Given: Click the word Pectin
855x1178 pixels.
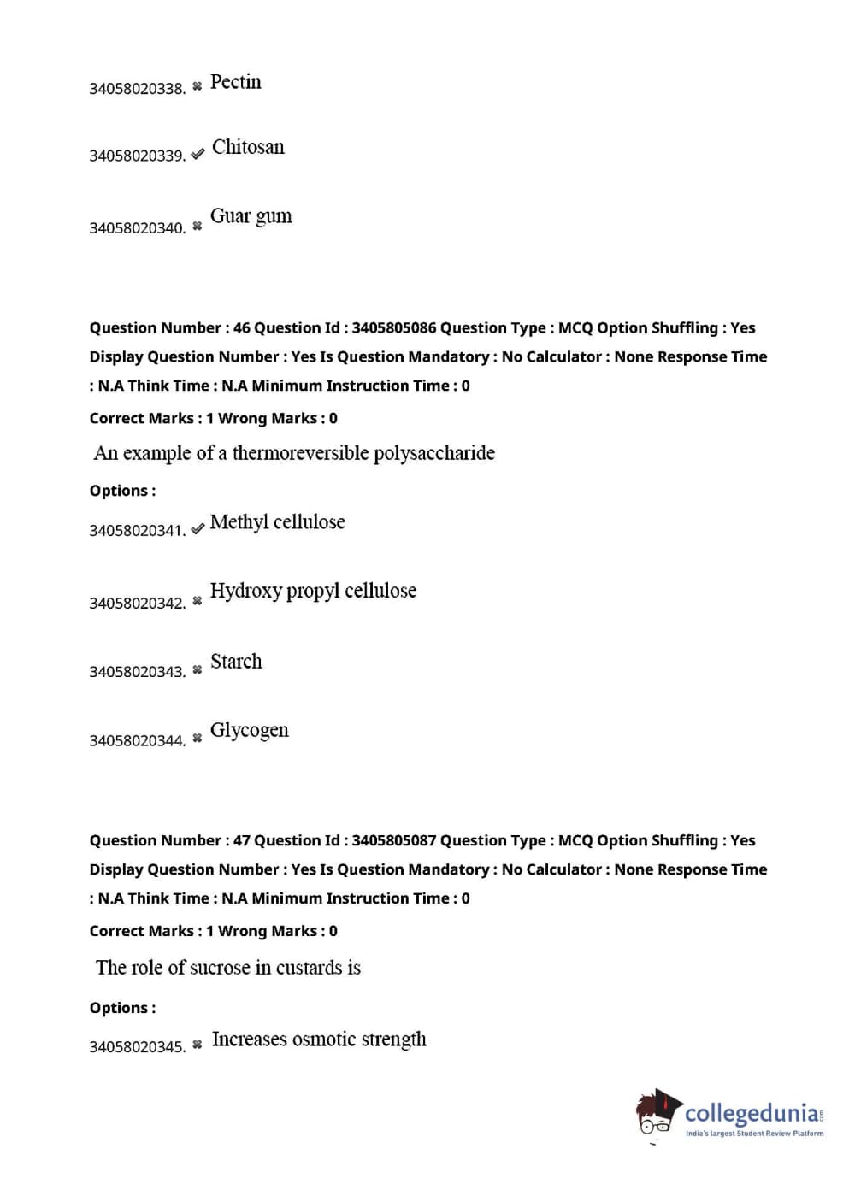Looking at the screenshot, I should [236, 82].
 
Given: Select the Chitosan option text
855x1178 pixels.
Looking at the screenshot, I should [248, 147].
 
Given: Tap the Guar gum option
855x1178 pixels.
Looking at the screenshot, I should [251, 216].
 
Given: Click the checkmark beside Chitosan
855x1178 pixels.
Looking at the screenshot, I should [198, 155].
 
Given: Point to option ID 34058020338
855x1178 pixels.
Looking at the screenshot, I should [137, 89].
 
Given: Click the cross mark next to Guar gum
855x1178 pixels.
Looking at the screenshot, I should [198, 227].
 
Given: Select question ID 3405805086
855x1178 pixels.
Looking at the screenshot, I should [393, 328].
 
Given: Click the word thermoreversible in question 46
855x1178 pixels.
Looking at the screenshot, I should [300, 453].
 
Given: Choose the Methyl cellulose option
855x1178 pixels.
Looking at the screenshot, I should [277, 522].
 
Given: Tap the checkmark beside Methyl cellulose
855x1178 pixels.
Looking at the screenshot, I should [198, 529].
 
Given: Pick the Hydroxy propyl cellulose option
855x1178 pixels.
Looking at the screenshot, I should [313, 591].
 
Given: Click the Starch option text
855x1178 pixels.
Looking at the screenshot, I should [236, 662].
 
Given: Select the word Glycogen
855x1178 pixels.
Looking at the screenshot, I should [249, 731].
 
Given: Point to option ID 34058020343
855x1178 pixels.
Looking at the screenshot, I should [137, 672].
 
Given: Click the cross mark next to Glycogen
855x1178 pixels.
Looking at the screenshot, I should [198, 738].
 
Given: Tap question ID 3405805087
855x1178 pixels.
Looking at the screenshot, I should [393, 841].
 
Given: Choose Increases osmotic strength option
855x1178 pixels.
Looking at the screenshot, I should [319, 1040].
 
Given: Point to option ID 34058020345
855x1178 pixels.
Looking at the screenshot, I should [137, 1047].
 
